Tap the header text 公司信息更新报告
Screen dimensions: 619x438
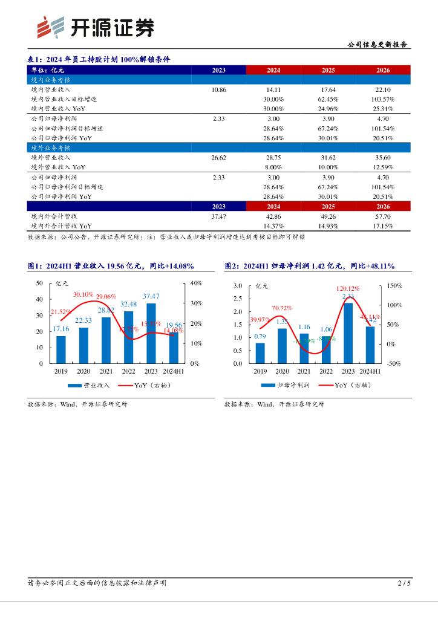(378, 45)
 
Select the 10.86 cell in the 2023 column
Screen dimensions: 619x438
(218, 89)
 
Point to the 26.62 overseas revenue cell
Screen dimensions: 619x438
(218, 157)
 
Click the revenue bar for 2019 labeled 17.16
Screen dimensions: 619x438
(60, 349)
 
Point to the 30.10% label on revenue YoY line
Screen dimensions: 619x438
(83, 294)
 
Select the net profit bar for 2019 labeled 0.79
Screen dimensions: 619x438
(260, 353)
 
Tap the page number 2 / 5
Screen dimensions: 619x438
(404, 583)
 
